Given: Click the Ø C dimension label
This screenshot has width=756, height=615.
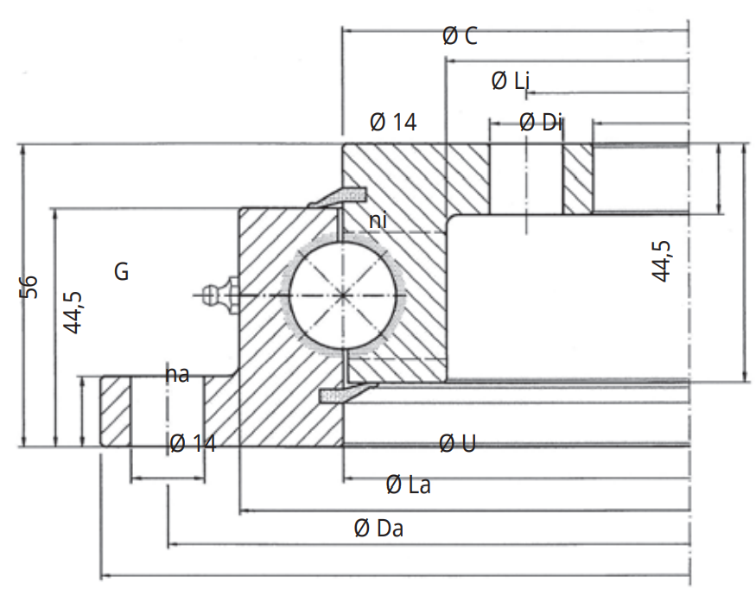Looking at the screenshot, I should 459,36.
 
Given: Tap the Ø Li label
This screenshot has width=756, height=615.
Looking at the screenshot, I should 511,81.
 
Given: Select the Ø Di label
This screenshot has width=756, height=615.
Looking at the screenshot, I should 541,123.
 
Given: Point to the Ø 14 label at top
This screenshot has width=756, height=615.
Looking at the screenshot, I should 393,123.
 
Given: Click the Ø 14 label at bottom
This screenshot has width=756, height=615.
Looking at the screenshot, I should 193,444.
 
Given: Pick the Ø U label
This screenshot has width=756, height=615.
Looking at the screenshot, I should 457,444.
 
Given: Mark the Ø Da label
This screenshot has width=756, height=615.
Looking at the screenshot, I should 378,529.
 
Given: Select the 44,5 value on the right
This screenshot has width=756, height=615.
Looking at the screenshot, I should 661,260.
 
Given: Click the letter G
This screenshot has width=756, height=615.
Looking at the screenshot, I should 122,272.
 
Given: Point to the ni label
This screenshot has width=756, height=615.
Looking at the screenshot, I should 378,221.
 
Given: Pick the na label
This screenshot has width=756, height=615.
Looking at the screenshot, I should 177,374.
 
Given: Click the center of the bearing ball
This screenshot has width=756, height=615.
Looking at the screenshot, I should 345,295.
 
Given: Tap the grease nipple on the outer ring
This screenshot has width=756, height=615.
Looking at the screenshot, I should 219,294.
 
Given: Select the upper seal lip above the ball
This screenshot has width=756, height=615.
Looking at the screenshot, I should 335,198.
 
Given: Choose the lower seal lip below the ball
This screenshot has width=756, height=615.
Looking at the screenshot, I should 340,394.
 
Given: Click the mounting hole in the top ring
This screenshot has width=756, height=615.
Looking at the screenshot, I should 527,178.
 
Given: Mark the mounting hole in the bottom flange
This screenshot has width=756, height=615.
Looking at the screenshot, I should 168,411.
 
